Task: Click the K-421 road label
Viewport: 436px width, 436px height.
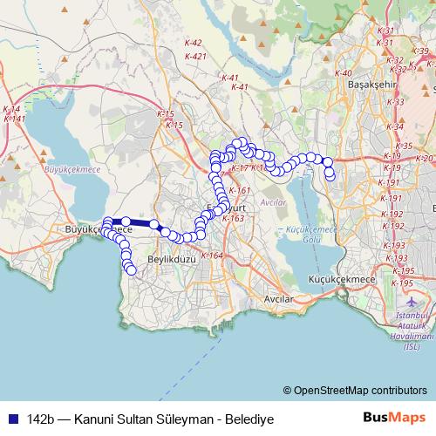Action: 195,56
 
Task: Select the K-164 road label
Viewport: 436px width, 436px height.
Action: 212,255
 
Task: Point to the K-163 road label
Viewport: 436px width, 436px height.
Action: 233,218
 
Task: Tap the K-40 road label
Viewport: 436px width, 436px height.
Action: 343,73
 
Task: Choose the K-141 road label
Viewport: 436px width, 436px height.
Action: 13,118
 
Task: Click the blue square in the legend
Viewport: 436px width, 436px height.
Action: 11,419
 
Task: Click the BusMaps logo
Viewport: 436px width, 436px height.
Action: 394,419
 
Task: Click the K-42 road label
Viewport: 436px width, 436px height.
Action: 194,43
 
